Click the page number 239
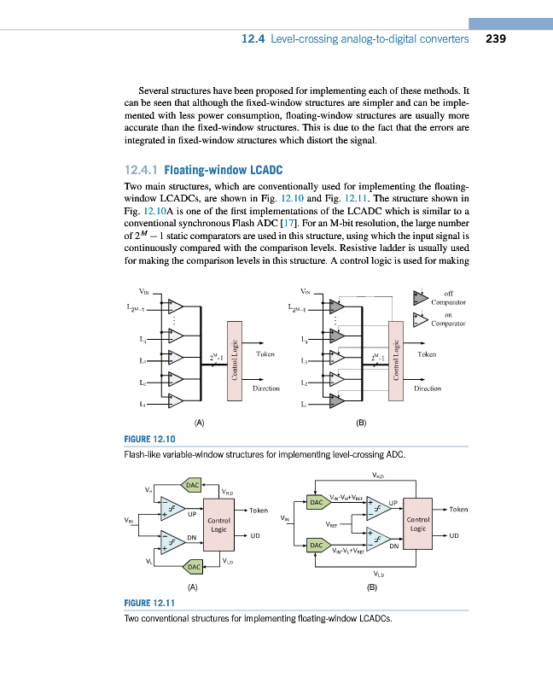(x=498, y=38)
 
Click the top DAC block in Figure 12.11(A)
(x=194, y=485)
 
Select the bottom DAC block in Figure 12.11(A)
(x=194, y=566)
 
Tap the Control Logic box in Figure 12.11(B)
(x=417, y=523)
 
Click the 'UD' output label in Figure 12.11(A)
(x=255, y=536)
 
